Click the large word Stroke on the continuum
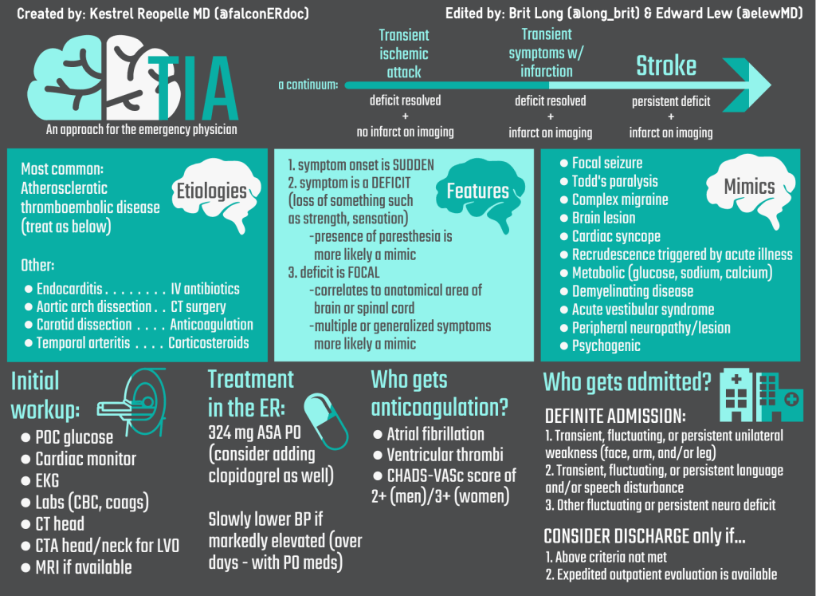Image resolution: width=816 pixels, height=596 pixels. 665,66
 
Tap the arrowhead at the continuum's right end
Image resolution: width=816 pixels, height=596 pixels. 755,85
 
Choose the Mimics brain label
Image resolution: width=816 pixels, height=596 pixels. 749,187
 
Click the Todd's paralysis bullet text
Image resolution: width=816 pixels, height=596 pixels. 614,181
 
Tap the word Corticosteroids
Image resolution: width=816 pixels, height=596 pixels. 209,343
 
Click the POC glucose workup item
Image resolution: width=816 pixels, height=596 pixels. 74,437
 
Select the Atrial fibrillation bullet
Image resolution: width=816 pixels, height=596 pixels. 435,434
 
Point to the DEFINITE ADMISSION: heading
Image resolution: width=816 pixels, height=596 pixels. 614,416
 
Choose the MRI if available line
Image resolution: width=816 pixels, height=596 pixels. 84,567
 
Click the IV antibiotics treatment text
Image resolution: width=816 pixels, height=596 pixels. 205,289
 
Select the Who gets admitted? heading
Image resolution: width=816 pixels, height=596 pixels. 627,382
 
